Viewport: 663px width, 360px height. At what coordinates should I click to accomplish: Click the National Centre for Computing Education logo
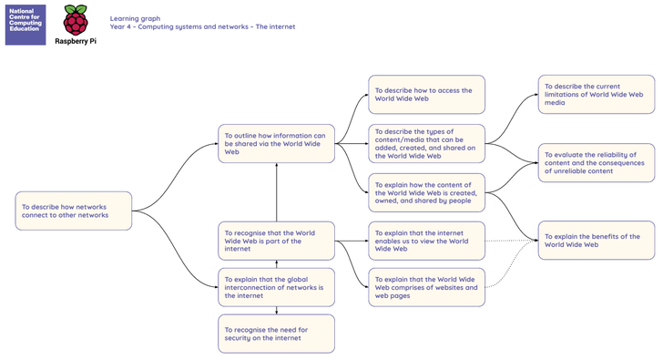coord(25,25)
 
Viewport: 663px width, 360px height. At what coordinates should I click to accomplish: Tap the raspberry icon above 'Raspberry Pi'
coord(76,20)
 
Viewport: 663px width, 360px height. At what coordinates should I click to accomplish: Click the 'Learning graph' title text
coord(135,18)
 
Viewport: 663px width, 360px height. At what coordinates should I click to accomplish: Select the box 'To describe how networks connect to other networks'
coord(74,211)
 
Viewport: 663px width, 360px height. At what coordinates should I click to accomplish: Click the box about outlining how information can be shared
coord(277,143)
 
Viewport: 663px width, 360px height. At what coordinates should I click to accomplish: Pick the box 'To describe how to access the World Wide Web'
coord(426,95)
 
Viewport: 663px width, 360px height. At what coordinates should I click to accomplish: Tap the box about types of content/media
coord(426,143)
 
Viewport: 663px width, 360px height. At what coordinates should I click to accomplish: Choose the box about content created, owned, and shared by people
coord(426,192)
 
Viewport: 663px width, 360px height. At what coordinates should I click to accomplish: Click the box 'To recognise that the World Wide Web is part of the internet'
coord(277,241)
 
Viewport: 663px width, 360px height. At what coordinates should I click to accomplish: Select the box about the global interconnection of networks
coord(277,287)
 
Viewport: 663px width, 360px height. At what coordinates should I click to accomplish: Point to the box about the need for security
coord(277,334)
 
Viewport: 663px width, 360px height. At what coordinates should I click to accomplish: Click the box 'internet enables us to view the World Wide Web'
coord(426,241)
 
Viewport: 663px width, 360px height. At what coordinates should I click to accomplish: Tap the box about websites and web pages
coord(426,287)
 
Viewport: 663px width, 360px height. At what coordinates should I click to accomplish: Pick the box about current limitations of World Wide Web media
coord(597,95)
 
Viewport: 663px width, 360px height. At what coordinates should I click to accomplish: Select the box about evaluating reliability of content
coord(597,163)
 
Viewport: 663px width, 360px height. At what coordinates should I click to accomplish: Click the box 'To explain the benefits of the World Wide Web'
coord(597,241)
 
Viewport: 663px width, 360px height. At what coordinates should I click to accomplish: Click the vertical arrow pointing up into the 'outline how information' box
coord(277,192)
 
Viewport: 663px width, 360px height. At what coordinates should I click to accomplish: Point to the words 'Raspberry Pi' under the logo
coord(76,41)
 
